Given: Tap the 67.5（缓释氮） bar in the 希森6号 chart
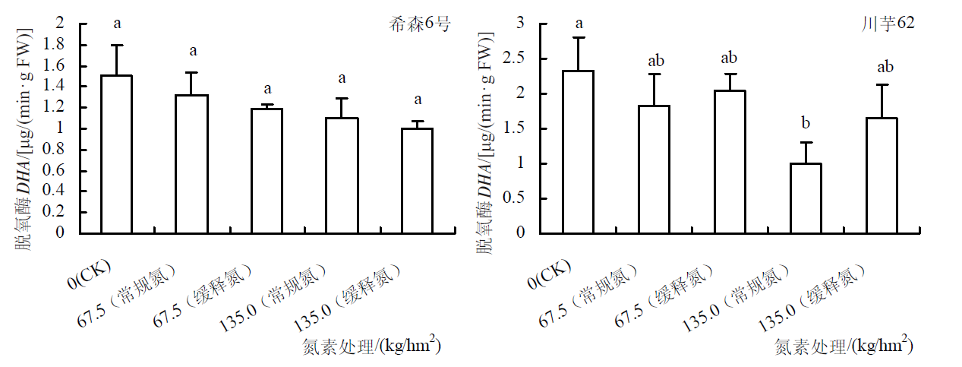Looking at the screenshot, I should click(x=267, y=171).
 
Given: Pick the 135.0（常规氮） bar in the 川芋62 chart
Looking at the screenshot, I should click(x=805, y=198).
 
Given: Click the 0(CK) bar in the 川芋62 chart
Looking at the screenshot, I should click(x=579, y=152).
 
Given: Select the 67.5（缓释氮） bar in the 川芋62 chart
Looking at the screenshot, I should click(x=730, y=162).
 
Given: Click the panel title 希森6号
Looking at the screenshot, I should click(x=419, y=24).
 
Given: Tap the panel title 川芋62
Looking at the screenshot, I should click(x=892, y=24).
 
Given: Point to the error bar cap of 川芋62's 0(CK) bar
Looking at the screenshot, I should click(x=579, y=37).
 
